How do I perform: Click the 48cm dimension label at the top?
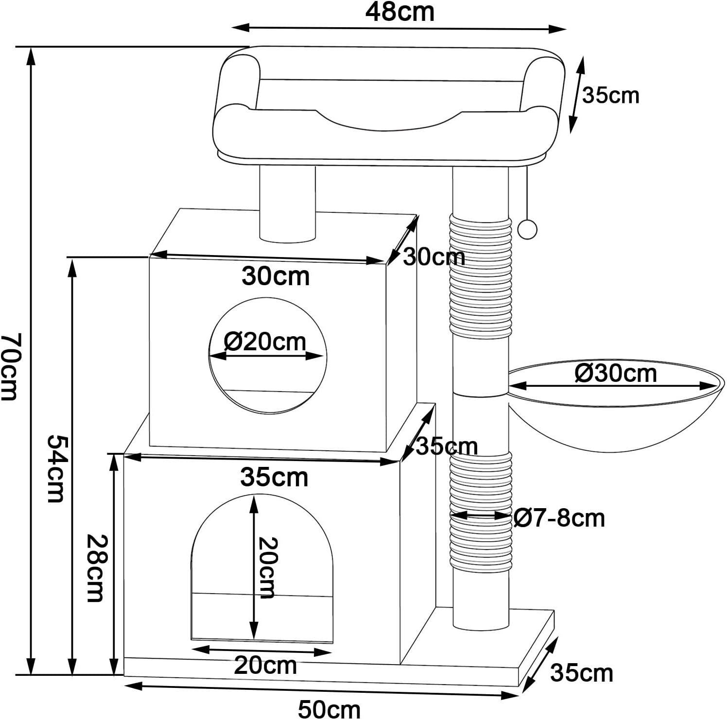coord(399,13)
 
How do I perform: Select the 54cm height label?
coord(56,468)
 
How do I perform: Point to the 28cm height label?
coord(95,568)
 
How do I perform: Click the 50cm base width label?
coord(329,709)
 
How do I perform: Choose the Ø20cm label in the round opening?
coord(265,342)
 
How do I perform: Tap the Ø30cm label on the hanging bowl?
coord(616,373)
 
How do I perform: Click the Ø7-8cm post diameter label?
coord(559,518)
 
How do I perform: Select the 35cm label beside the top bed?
coord(611,95)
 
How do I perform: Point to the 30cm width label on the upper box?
coord(276,276)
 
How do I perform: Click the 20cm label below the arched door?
coord(265,665)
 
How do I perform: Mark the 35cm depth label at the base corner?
coord(582,673)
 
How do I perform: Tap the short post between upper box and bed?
coord(287,204)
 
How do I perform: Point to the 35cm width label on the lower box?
coord(274,478)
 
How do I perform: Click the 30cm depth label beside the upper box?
coord(434,257)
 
